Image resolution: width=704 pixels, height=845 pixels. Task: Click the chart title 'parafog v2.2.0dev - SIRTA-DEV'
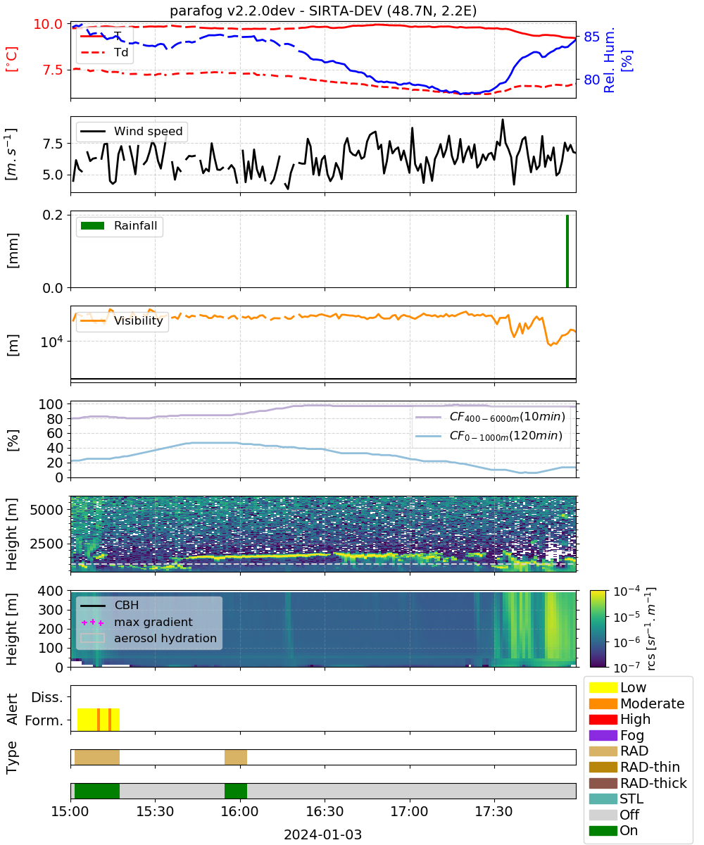tap(275, 11)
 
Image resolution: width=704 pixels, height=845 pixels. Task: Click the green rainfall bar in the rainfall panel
tap(567, 251)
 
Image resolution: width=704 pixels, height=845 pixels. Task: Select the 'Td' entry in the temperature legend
tap(121, 52)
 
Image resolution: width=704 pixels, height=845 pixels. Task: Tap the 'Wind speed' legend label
tap(148, 131)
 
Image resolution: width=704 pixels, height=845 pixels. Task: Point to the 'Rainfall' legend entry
tap(135, 225)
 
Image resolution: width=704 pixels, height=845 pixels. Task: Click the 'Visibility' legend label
tap(138, 320)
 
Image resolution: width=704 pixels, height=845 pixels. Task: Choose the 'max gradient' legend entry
tap(153, 622)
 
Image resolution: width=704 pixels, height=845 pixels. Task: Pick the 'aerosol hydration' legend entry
tap(165, 638)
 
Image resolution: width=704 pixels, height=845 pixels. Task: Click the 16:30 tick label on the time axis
tap(325, 811)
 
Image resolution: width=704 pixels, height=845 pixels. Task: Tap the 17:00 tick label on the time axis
tap(409, 811)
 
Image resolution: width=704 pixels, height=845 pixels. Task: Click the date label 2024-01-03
tap(322, 834)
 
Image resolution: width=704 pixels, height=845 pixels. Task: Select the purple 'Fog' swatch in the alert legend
tap(603, 734)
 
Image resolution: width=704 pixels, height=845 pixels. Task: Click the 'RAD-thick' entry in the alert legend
tap(653, 782)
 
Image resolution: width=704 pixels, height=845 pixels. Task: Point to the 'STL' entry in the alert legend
tap(631, 799)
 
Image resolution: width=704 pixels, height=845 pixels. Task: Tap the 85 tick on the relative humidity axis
tap(591, 37)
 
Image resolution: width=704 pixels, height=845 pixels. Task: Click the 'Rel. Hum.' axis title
tap(609, 61)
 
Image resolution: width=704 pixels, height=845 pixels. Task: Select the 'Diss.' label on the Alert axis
tap(47, 697)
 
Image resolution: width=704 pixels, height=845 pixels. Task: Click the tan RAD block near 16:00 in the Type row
tap(235, 757)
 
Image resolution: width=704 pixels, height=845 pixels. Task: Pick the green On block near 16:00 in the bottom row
tap(235, 791)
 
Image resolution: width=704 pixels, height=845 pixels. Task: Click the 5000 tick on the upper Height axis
tap(46, 510)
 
